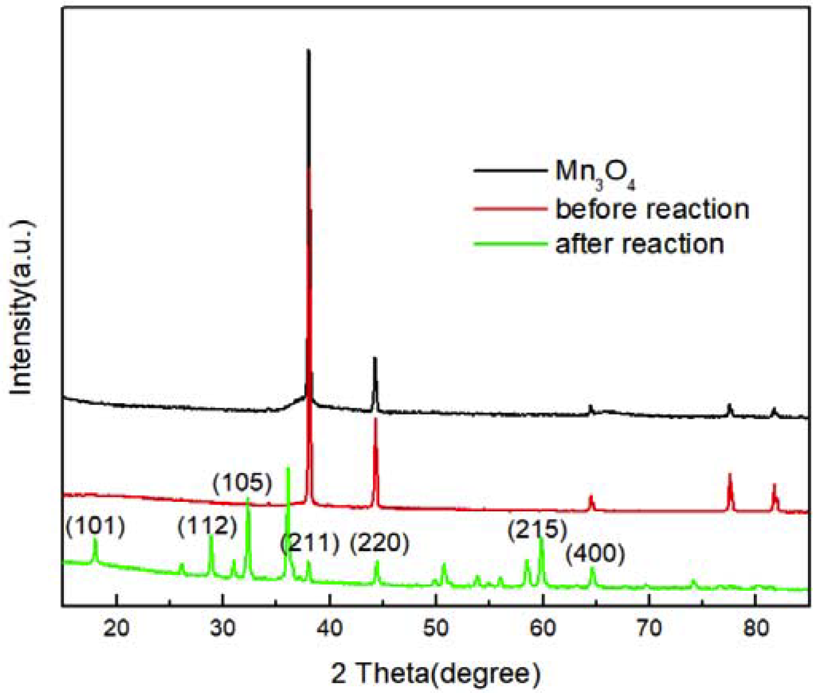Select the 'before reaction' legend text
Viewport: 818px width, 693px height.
[652, 209]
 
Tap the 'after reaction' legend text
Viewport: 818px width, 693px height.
[639, 244]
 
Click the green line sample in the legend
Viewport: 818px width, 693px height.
[510, 243]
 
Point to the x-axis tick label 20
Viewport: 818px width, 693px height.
[116, 628]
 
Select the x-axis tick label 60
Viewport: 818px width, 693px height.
[543, 628]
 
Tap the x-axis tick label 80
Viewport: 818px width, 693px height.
[756, 628]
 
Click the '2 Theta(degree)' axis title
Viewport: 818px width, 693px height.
[436, 673]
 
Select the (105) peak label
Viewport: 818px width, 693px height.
[242, 482]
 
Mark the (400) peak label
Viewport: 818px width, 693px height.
[595, 554]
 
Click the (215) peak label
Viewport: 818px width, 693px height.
[537, 530]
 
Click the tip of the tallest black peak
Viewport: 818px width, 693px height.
[308, 51]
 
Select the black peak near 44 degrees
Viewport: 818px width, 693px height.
[375, 359]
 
